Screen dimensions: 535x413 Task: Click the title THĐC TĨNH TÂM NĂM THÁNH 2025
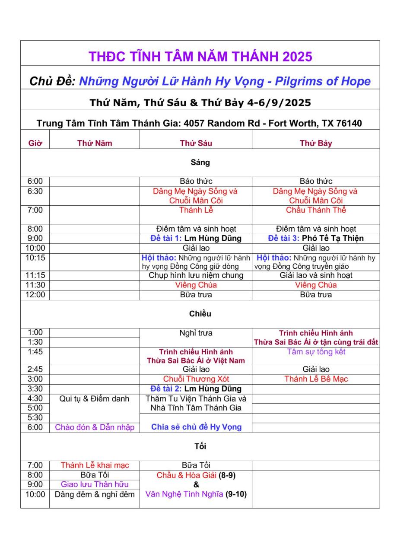200,57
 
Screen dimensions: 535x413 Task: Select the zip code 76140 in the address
349,123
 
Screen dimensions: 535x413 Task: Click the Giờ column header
35,143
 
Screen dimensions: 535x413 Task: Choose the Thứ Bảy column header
316,143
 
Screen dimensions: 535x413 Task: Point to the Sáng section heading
200,162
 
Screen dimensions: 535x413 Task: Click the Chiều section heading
200,314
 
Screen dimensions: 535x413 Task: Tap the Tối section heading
200,446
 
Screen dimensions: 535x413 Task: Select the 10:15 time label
35,258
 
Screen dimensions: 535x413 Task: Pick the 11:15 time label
35,275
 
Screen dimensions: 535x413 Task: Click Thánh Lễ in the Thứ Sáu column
196,210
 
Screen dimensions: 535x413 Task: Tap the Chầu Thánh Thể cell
316,210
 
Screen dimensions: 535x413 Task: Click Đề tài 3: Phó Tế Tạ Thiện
316,238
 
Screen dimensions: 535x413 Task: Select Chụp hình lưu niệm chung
196,275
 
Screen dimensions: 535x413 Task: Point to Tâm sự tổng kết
316,352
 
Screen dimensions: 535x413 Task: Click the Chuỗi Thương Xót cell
196,379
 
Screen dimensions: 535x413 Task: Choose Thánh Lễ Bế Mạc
316,379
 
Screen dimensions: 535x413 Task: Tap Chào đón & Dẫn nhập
95,427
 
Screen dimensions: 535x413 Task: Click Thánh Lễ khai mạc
95,465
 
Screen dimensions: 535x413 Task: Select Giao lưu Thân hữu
95,484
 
